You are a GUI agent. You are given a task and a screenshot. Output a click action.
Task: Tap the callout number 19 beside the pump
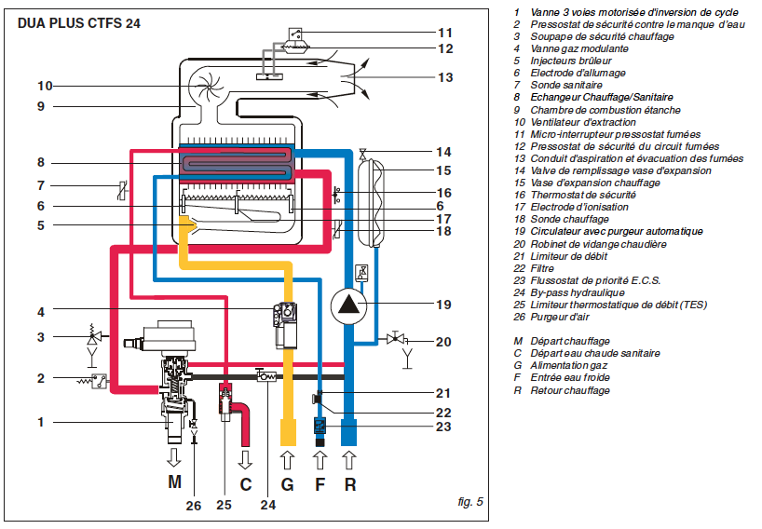443,304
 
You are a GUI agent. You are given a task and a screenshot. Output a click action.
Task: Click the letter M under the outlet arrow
174,483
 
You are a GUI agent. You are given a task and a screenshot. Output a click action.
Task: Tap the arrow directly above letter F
320,459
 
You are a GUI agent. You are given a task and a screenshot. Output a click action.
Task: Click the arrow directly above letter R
350,459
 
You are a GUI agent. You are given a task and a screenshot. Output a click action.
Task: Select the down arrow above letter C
246,459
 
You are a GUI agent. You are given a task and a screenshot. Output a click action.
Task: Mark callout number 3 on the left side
40,336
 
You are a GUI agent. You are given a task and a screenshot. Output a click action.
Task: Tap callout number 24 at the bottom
268,507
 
